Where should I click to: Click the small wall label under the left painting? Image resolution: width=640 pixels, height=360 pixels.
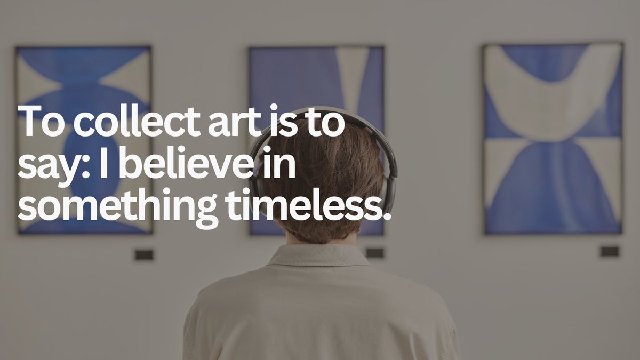point(143,255)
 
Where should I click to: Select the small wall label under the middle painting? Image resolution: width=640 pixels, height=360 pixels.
point(374,253)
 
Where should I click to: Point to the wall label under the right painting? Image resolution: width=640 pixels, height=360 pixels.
point(609,251)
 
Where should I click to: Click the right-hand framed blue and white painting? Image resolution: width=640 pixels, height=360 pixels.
point(553,139)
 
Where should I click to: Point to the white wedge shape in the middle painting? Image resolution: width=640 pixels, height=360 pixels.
point(352,75)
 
